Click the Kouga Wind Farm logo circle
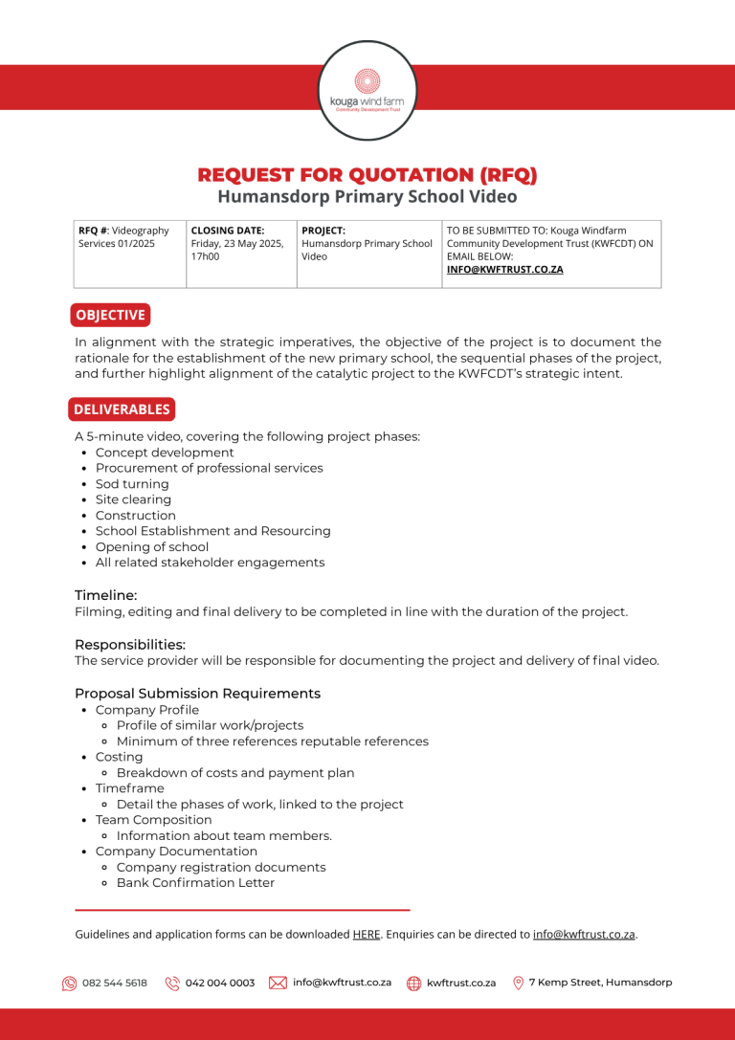pos(367,91)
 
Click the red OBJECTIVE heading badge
pos(110,315)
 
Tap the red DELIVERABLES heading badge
pos(122,409)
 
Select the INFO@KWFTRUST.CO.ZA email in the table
pos(504,270)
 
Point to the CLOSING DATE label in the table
pos(228,231)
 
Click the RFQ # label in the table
pos(93,231)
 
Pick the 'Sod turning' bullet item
pos(132,484)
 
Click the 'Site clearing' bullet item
pos(133,499)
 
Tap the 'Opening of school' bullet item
pos(151,547)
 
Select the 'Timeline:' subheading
pos(105,595)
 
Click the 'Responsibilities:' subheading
pos(130,645)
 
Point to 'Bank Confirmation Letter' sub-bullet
pos(195,883)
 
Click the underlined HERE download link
pos(367,935)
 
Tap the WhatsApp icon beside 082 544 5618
pos(70,983)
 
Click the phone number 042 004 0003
pos(220,983)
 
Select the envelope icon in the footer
pos(278,983)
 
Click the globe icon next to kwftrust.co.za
pos(414,983)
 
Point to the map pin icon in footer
pos(519,983)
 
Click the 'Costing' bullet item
pos(119,757)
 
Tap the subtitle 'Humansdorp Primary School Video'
pos(367,197)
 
